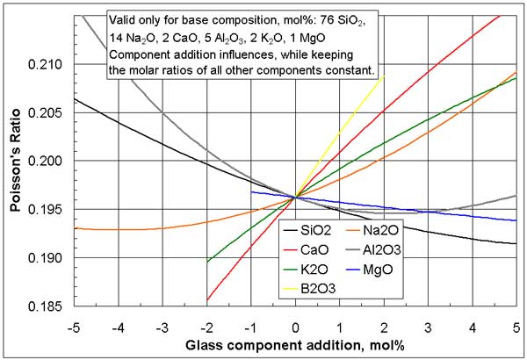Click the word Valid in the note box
coord(123,19)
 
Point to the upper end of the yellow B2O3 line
coord(384,77)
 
